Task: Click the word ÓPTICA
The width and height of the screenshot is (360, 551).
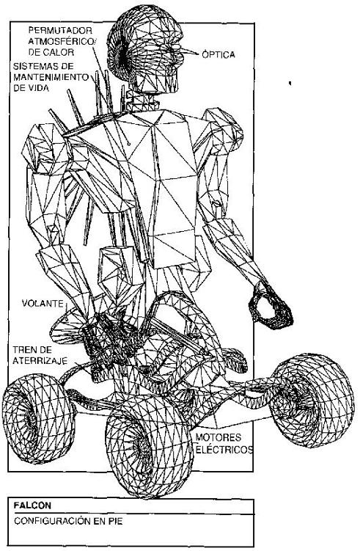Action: [x=218, y=55]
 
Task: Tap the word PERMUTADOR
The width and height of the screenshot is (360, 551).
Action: [x=60, y=30]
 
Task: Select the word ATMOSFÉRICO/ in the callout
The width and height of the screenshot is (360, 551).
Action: [x=62, y=42]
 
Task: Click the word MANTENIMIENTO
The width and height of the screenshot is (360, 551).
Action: [x=51, y=77]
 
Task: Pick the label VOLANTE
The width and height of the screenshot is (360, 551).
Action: [x=43, y=303]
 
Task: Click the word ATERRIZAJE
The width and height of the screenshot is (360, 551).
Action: [x=40, y=360]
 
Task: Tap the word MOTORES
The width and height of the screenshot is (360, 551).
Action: [x=218, y=438]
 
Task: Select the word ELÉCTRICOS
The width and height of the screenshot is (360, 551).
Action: [x=224, y=450]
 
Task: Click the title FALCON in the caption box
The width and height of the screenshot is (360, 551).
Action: [x=32, y=506]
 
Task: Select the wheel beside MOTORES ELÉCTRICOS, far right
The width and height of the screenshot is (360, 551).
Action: [x=312, y=401]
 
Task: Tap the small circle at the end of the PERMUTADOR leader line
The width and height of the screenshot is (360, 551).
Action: [x=129, y=144]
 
